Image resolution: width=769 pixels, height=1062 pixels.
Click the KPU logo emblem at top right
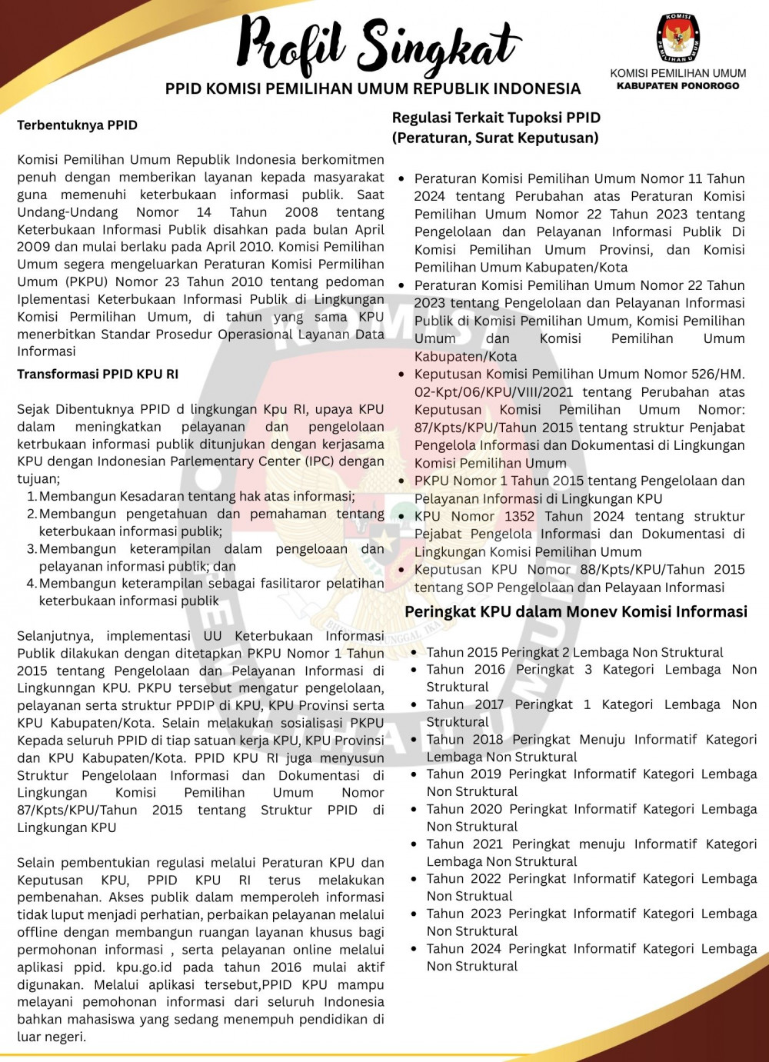677,38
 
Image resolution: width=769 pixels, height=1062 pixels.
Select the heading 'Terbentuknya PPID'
77,125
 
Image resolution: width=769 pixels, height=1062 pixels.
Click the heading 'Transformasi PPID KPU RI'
98,375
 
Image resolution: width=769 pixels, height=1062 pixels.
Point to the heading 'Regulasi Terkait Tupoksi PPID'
496,118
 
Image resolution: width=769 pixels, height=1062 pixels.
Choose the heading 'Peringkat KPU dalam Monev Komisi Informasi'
575,612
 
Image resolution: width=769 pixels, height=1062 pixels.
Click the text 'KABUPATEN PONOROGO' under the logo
677,86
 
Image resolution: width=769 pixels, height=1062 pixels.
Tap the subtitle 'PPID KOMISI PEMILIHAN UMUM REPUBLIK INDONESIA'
373,89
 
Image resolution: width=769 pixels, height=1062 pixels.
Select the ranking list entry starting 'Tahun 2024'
591,957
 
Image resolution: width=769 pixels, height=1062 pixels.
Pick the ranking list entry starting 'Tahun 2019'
591,783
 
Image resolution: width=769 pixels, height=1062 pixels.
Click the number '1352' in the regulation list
520,516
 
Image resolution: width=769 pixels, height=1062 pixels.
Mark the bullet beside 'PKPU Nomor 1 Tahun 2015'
401,481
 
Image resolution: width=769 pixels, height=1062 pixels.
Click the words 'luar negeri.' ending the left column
52,1037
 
